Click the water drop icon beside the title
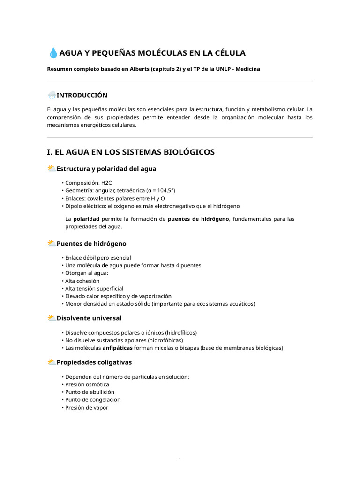(53, 53)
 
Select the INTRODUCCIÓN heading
(82, 95)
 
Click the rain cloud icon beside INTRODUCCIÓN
(52, 95)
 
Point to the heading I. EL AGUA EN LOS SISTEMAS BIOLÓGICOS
(131, 152)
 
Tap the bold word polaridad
(86, 219)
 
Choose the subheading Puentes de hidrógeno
(91, 244)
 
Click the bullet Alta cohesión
(82, 281)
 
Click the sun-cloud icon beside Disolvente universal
(52, 318)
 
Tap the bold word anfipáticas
(117, 348)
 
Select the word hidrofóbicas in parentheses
(165, 340)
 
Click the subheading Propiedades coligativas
(94, 362)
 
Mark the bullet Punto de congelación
(93, 400)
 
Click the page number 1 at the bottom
(180, 459)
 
